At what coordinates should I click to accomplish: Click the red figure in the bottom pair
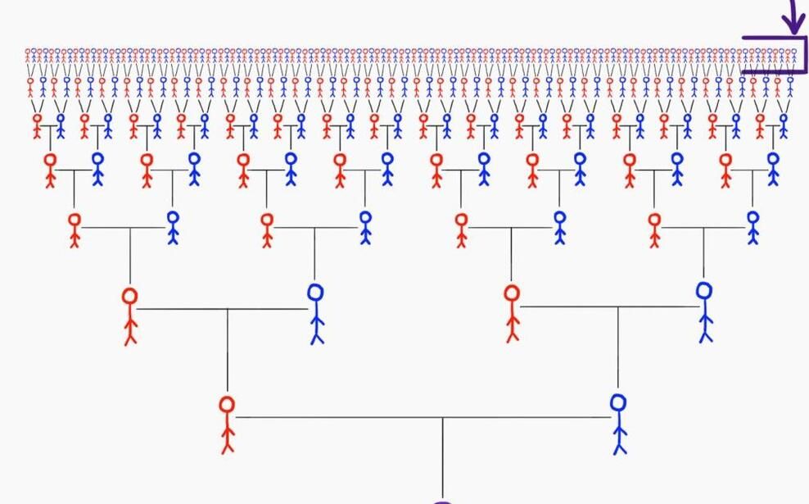227,424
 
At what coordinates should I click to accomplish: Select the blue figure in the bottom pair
619,423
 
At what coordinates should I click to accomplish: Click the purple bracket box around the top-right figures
775,55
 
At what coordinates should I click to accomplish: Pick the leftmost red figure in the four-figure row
129,316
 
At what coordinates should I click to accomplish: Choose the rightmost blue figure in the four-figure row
704,311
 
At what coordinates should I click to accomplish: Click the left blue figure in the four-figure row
316,313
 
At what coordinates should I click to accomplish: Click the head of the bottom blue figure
618,402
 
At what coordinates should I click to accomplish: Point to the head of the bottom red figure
227,404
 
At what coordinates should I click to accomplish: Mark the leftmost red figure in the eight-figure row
75,229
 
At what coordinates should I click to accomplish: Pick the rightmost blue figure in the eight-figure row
753,227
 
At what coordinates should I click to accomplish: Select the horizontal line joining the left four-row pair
221,309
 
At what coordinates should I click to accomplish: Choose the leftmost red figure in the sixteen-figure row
51,169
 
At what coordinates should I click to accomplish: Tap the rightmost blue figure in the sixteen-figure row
772,168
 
